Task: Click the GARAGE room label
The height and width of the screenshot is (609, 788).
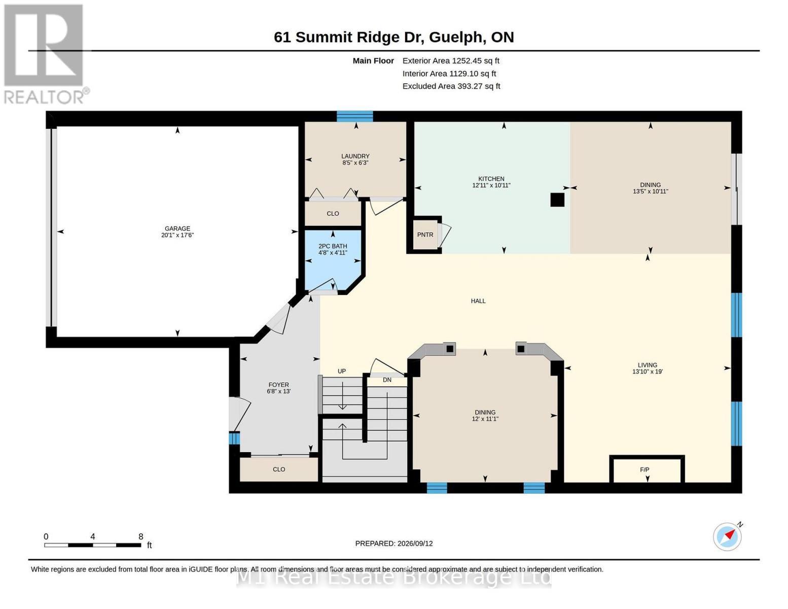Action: [177, 228]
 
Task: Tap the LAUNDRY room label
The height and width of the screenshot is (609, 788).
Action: [355, 156]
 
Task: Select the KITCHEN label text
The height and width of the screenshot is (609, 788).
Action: [491, 179]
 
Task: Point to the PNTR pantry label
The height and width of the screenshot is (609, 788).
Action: [425, 234]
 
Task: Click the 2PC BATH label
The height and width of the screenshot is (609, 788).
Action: [333, 246]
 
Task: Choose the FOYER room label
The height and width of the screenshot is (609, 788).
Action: [278, 385]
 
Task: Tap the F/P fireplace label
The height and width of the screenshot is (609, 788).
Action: [644, 469]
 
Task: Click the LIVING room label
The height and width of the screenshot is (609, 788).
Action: [648, 365]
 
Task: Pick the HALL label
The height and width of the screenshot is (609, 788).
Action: [478, 301]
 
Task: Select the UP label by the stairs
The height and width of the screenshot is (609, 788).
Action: [342, 371]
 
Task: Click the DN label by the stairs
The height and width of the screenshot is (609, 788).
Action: [387, 380]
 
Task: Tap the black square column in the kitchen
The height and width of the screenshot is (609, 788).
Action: [557, 200]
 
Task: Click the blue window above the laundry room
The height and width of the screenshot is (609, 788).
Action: [354, 116]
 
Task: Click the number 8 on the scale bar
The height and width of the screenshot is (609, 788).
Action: [140, 536]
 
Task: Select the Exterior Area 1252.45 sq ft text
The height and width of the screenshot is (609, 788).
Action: [451, 61]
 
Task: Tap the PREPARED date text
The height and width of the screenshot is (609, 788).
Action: [394, 544]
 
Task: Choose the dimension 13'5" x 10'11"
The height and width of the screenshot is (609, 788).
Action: [650, 191]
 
